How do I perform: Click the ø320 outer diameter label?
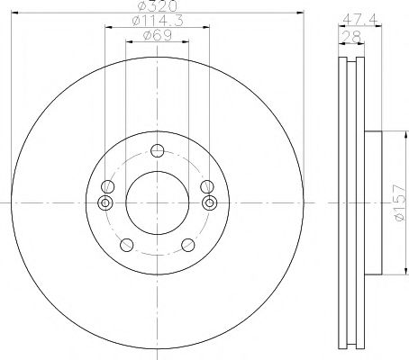coord(157,6)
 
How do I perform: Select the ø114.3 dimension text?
coord(158,21)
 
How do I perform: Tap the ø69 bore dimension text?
coord(158,35)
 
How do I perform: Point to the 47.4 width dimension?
coord(359,20)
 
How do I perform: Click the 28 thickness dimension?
coord(351,37)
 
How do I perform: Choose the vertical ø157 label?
coord(400,202)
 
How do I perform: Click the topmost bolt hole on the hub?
coord(158,150)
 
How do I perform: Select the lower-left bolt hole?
coord(126,245)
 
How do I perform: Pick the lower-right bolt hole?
coord(188,245)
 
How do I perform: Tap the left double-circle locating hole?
coord(105,202)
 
